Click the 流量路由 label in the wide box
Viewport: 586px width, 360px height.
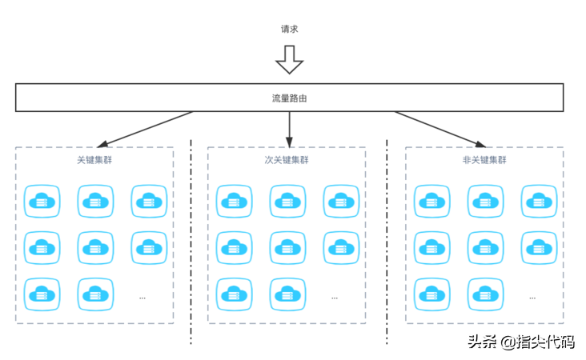pyautogui.click(x=290, y=98)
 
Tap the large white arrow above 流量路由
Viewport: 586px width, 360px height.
pyautogui.click(x=290, y=59)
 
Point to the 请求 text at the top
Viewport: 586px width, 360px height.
pyautogui.click(x=290, y=30)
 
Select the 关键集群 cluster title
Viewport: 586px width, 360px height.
pyautogui.click(x=94, y=160)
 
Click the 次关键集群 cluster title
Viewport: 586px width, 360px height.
pyautogui.click(x=287, y=160)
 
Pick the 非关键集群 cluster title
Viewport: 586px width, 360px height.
pyautogui.click(x=484, y=160)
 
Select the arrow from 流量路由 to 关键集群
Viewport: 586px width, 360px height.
pyautogui.click(x=144, y=129)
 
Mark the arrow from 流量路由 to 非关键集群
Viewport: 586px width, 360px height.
pyautogui.click(x=440, y=129)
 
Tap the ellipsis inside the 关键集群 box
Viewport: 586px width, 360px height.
pyautogui.click(x=142, y=297)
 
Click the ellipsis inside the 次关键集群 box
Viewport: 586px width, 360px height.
pyautogui.click(x=335, y=297)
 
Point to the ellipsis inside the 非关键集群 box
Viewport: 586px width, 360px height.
pyautogui.click(x=532, y=297)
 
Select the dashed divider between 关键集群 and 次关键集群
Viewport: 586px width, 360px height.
pyautogui.click(x=191, y=240)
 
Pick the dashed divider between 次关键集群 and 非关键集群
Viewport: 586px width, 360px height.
pyautogui.click(x=387, y=240)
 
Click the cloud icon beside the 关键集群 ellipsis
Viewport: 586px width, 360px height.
pyautogui.click(x=94, y=294)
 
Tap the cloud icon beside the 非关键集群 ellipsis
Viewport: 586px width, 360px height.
pyautogui.click(x=485, y=294)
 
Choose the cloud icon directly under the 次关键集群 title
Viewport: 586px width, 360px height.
pyautogui.click(x=287, y=201)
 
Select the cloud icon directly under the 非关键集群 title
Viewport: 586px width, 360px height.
pyautogui.click(x=485, y=201)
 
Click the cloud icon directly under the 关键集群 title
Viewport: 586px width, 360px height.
pyautogui.click(x=94, y=201)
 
